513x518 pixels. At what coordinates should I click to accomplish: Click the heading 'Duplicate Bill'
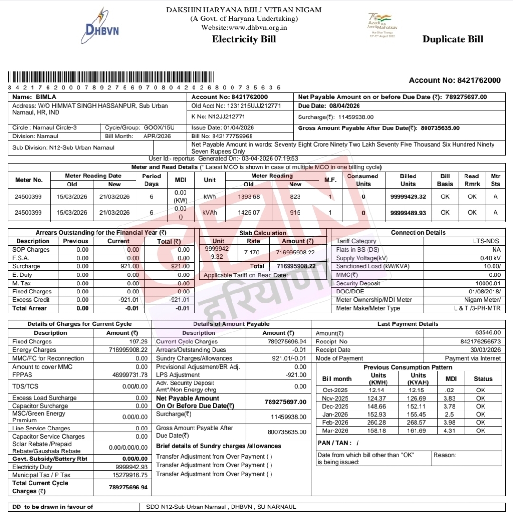click(x=453, y=39)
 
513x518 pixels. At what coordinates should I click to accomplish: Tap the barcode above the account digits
click(x=111, y=78)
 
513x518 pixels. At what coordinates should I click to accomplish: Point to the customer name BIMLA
click(x=46, y=97)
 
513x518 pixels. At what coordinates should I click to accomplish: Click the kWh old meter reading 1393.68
click(x=249, y=196)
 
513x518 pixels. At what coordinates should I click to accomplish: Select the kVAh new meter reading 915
click(x=295, y=213)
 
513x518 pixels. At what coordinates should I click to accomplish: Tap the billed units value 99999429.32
click(x=407, y=196)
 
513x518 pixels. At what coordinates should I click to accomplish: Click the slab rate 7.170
click(x=252, y=252)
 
